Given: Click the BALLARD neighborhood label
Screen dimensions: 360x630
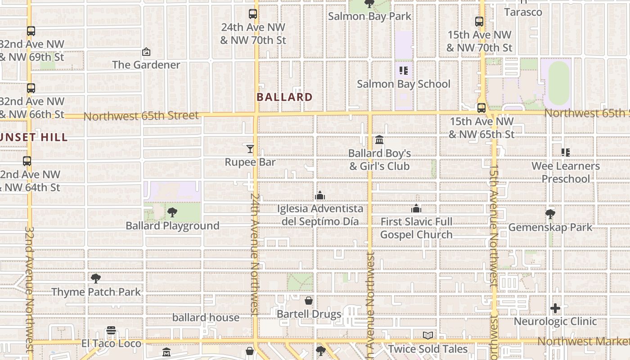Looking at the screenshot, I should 284,97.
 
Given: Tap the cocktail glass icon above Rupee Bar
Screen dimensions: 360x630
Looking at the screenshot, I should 250,148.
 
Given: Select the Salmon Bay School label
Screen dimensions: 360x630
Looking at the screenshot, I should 404,84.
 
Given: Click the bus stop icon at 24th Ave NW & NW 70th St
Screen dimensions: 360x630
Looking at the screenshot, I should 253,14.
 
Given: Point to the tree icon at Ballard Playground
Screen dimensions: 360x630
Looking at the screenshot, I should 172,212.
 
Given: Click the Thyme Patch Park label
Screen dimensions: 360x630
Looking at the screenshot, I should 96,292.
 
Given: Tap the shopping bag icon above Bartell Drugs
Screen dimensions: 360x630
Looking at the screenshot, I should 309,301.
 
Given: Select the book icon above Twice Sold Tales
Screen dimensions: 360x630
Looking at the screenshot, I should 428,336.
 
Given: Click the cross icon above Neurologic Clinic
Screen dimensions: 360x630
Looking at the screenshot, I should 555,308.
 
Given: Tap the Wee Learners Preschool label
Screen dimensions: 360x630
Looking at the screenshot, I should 566,172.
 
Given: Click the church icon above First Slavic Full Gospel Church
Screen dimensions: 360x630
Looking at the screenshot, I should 416,208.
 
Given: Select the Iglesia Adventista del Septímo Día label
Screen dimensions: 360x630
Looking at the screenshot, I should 320,215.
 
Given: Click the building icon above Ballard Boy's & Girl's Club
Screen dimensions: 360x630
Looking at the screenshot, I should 379,140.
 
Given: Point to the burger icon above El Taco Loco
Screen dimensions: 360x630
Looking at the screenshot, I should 111,331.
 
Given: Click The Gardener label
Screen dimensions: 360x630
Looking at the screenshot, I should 146,65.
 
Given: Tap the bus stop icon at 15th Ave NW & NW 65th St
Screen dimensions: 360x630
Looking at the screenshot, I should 481,108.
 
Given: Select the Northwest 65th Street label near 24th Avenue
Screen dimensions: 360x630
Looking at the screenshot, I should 141,116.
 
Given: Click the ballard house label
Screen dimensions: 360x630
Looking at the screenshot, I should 206,318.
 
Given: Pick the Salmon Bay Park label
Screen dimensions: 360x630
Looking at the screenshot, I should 369,17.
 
